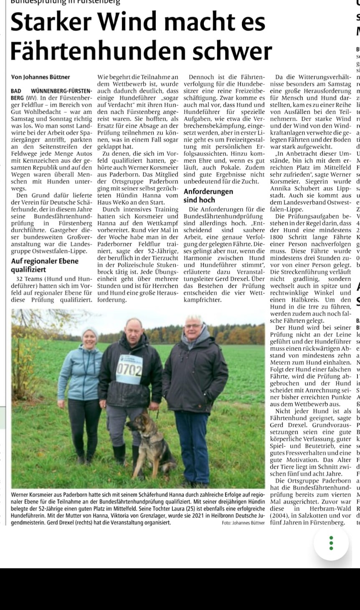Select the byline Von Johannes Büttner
click(x=41, y=77)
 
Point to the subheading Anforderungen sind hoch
click(x=208, y=196)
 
